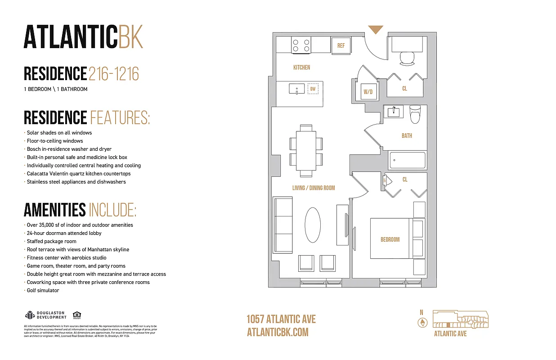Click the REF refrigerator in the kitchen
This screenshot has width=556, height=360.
(x=341, y=45)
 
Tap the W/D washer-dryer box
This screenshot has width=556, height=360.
(x=368, y=92)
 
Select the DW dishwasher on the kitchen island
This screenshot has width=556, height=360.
(x=313, y=89)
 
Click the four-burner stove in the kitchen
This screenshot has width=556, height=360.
(x=301, y=45)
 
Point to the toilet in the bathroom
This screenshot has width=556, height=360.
(x=415, y=114)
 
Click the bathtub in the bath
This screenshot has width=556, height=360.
(x=407, y=160)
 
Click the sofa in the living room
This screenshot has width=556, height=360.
(x=283, y=225)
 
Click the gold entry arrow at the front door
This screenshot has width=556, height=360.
(x=376, y=30)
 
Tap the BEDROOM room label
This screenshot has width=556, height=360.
(x=390, y=239)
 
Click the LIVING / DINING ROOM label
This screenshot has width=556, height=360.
(x=314, y=188)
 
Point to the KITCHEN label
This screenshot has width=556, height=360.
(x=301, y=67)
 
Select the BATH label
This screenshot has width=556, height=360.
(x=407, y=135)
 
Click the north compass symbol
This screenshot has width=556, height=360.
(x=422, y=322)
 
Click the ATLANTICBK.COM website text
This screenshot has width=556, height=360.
(x=278, y=332)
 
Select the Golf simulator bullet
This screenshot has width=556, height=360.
(x=43, y=290)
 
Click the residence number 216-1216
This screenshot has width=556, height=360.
(x=114, y=73)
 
